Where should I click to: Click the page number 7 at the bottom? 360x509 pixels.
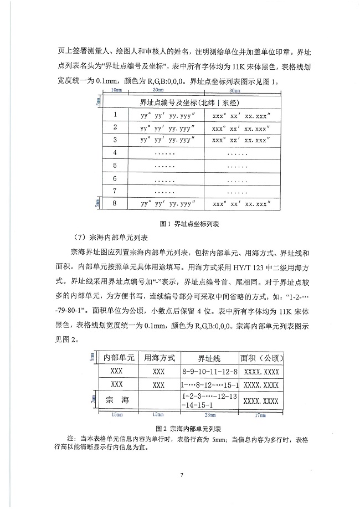(x=181, y=475)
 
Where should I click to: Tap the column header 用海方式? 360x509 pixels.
(x=158, y=357)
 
